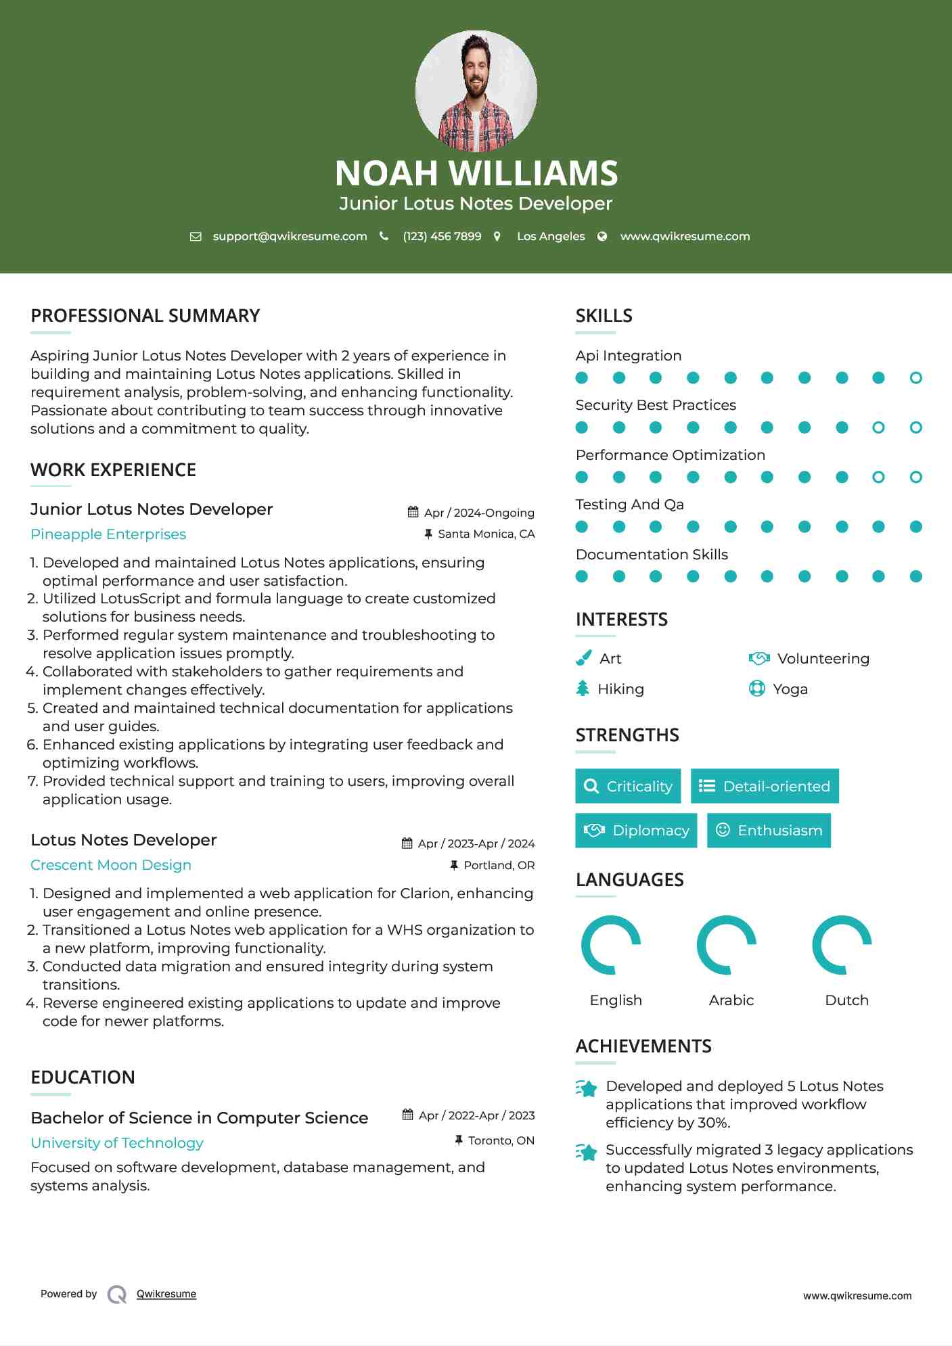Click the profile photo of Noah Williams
point(476,91)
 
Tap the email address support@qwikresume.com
point(290,236)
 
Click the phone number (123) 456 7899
point(442,236)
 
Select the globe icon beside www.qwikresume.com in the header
point(602,236)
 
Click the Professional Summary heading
point(145,316)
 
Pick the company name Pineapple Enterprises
point(108,534)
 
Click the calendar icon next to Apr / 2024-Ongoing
point(413,512)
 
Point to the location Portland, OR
point(499,865)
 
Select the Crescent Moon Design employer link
point(111,865)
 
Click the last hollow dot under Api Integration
point(915,378)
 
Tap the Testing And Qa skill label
point(629,505)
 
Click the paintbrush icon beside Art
point(583,658)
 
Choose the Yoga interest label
point(790,689)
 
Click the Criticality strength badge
point(628,786)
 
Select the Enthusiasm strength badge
point(769,831)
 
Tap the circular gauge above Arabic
point(727,944)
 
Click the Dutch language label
point(846,1000)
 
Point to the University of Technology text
point(117,1143)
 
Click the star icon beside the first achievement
point(587,1088)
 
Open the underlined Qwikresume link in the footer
point(166,1294)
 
